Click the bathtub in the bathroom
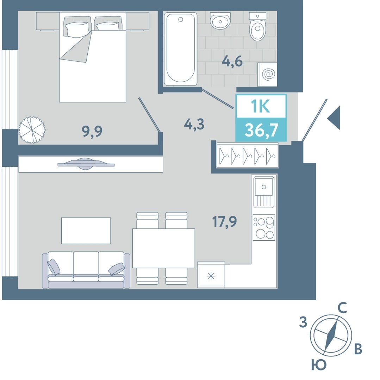pyautogui.click(x=180, y=49)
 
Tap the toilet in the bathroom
pyautogui.click(x=257, y=27)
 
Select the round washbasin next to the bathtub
pyautogui.click(x=220, y=21)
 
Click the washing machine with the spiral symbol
pyautogui.click(x=267, y=74)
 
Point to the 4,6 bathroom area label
pyautogui.click(x=232, y=61)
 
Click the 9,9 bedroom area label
pyautogui.click(x=92, y=132)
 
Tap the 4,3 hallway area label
pyautogui.click(x=194, y=124)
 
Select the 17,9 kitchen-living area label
pyautogui.click(x=225, y=222)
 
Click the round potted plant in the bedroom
pyautogui.click(x=32, y=129)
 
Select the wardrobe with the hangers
pyautogui.click(x=248, y=155)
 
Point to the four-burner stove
pyautogui.click(x=264, y=227)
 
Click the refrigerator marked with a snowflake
pyautogui.click(x=211, y=275)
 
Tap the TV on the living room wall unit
pyautogui.click(x=86, y=164)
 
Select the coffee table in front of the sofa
pyautogui.click(x=86, y=230)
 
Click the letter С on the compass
pyautogui.click(x=342, y=308)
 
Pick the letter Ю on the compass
pyautogui.click(x=319, y=365)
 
